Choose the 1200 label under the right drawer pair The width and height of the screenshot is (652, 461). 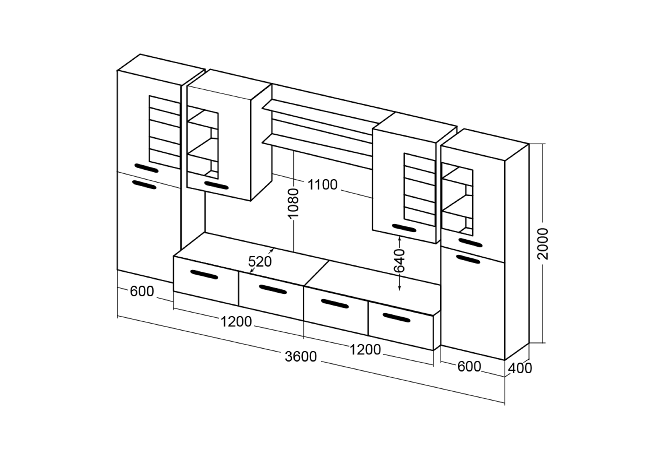365,350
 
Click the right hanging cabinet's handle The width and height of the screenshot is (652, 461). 404,228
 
